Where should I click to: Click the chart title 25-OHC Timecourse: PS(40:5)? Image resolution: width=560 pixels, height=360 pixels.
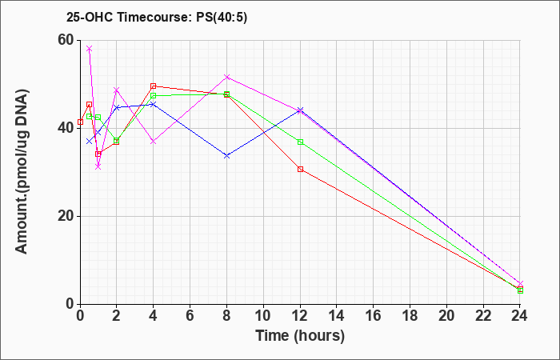[x=157, y=18]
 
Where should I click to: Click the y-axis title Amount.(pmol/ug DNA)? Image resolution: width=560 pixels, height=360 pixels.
[x=22, y=172]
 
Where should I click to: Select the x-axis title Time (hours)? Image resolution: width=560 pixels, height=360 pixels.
[x=300, y=336]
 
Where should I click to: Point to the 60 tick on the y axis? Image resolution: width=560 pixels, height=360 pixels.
[x=66, y=40]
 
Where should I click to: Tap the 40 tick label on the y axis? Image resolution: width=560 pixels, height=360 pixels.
[x=66, y=129]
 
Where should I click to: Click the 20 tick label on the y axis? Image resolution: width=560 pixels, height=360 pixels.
[x=66, y=217]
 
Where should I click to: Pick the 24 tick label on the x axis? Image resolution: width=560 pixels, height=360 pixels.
[x=520, y=316]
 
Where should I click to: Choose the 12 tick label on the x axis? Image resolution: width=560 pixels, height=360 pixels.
[x=300, y=316]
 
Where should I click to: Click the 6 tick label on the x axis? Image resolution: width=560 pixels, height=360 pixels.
[x=190, y=316]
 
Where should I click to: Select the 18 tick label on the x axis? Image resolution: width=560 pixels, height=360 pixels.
[x=410, y=316]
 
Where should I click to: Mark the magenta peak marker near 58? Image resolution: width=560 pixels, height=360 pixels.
[x=90, y=49]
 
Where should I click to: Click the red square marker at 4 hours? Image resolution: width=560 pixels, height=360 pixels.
[x=154, y=86]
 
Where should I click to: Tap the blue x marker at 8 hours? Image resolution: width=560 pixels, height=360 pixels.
[x=226, y=156]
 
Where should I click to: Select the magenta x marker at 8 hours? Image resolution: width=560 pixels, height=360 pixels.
[x=226, y=77]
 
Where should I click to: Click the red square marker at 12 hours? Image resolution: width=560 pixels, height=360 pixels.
[x=300, y=170]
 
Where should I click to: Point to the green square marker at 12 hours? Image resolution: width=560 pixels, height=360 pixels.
[x=300, y=142]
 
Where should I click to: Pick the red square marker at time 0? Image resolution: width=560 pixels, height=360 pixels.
[x=80, y=122]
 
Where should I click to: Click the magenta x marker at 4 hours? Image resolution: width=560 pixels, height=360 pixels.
[x=154, y=142]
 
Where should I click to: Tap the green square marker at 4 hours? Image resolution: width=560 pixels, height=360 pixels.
[x=154, y=96]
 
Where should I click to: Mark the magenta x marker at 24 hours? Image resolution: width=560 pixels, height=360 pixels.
[x=520, y=283]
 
